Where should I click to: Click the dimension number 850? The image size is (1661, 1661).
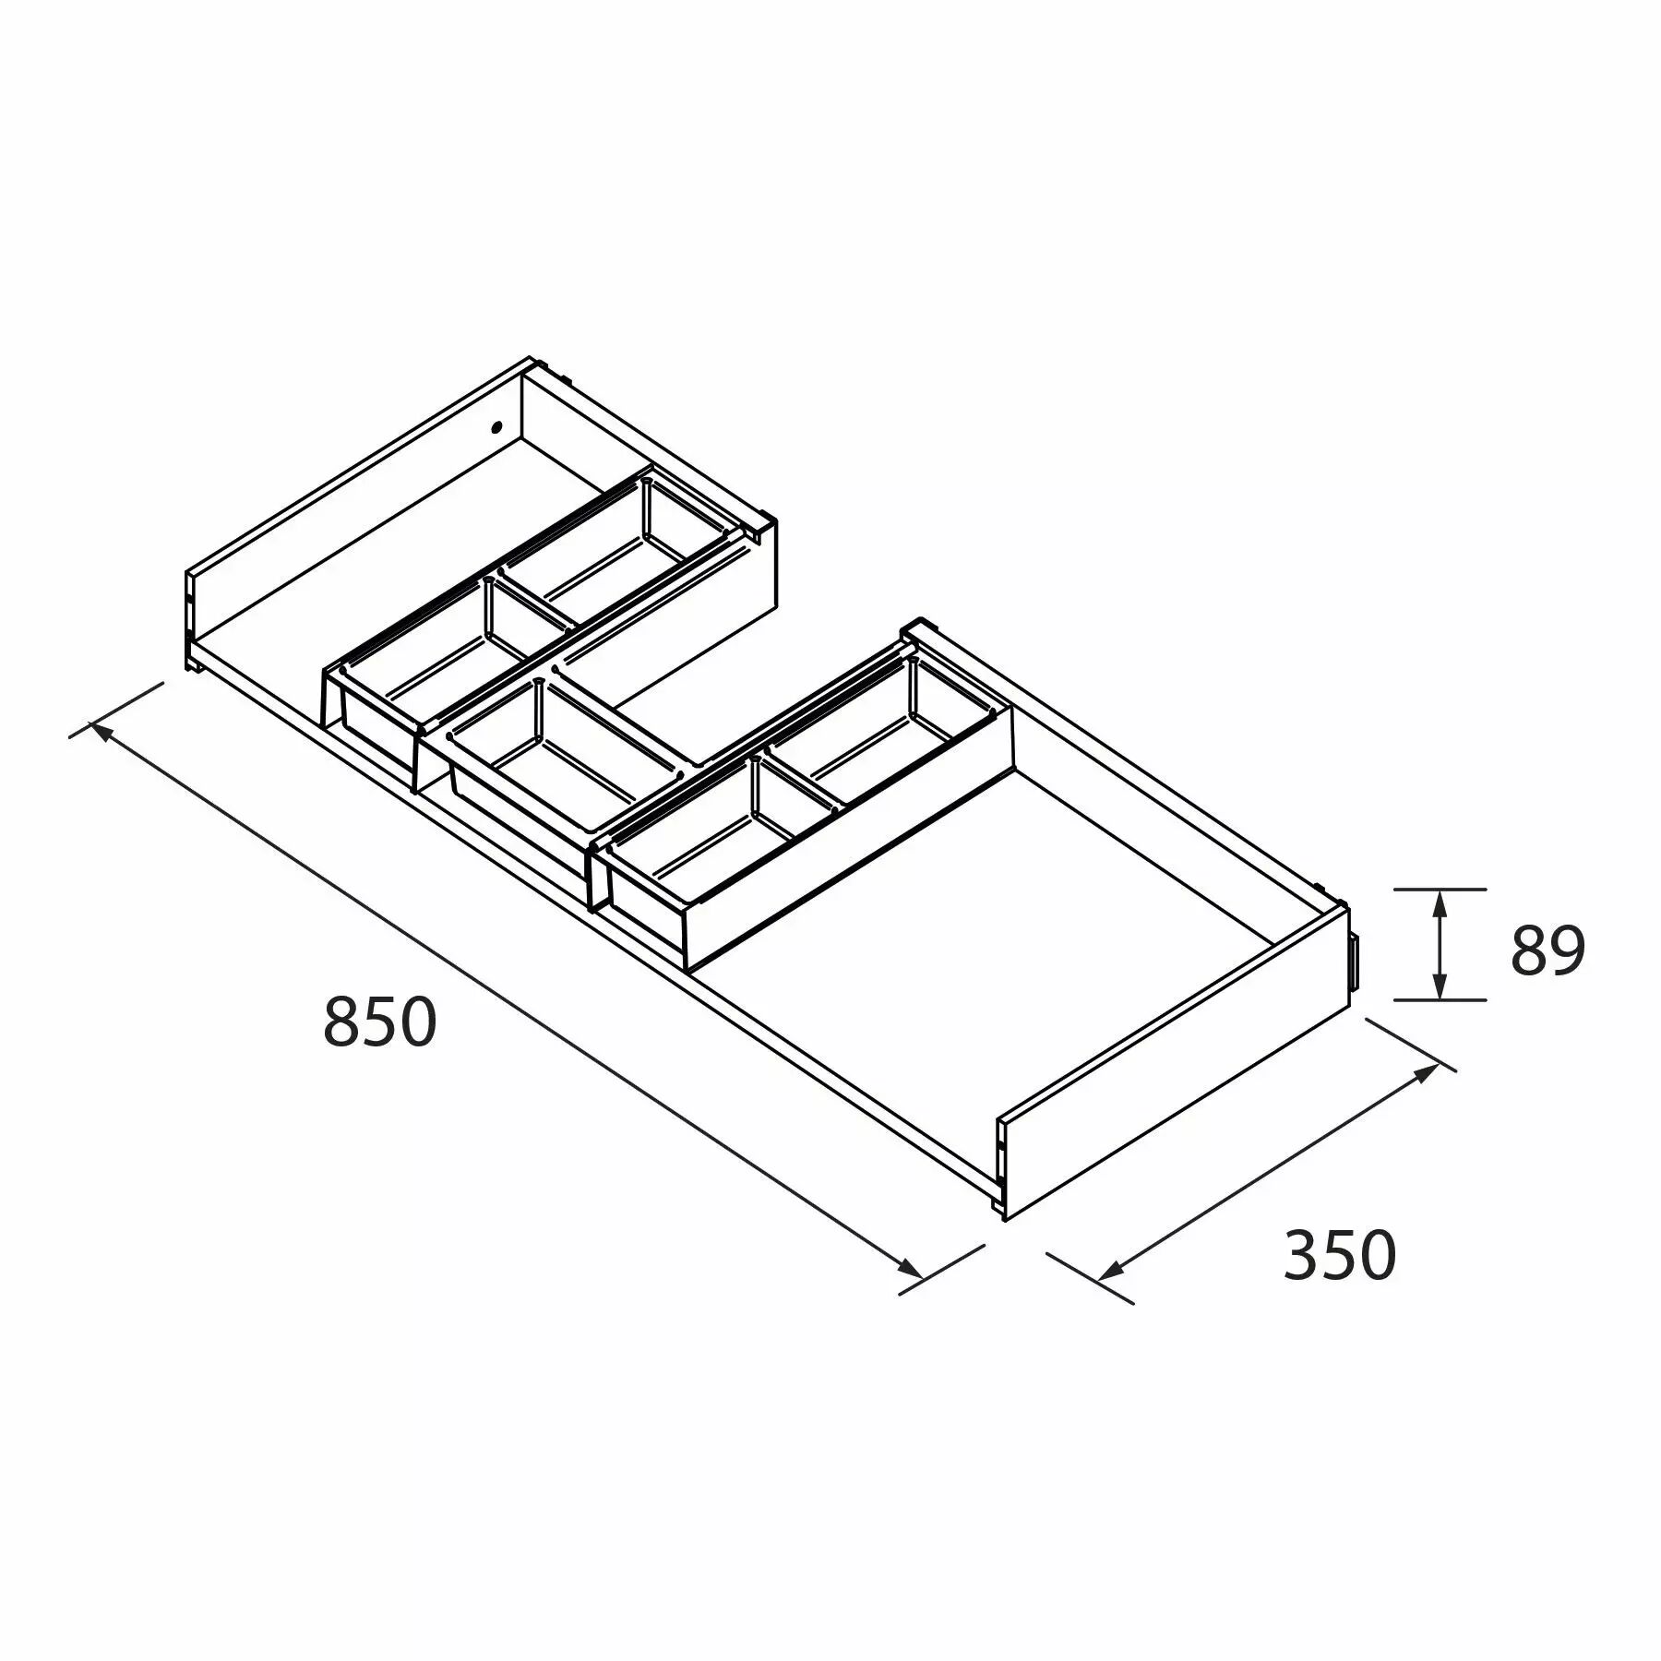[379, 1022]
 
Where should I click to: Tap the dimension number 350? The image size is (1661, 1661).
[1340, 1255]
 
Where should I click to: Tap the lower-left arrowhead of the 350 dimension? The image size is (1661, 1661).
[1111, 1271]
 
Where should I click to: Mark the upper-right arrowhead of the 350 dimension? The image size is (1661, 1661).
[1424, 1073]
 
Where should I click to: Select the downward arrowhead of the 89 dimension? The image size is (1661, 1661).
[1439, 984]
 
